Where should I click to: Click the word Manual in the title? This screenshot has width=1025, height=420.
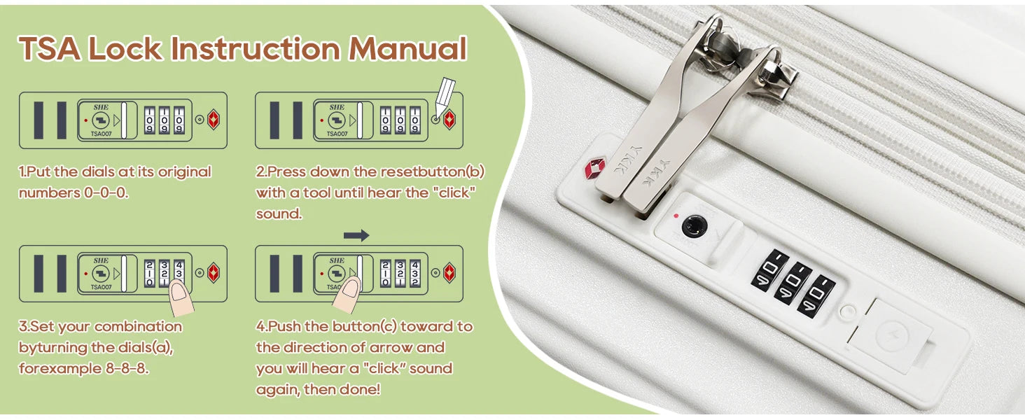pos(407,48)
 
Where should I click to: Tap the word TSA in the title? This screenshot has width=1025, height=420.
pos(50,48)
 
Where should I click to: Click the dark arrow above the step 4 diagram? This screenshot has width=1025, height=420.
pos(356,235)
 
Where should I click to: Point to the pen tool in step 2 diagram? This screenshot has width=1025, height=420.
pos(445,98)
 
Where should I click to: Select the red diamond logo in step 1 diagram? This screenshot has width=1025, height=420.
pos(214,120)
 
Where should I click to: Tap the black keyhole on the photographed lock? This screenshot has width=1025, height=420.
pos(694,227)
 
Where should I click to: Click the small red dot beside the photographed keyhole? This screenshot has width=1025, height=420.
pos(676,216)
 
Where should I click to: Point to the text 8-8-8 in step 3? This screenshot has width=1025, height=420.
pos(127,368)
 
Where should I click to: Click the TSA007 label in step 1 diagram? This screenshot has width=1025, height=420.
pos(101,134)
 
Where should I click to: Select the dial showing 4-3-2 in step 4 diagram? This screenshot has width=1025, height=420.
pos(415,273)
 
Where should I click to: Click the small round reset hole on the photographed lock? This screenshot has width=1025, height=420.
pos(847,311)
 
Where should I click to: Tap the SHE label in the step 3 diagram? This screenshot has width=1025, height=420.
pos(101,260)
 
